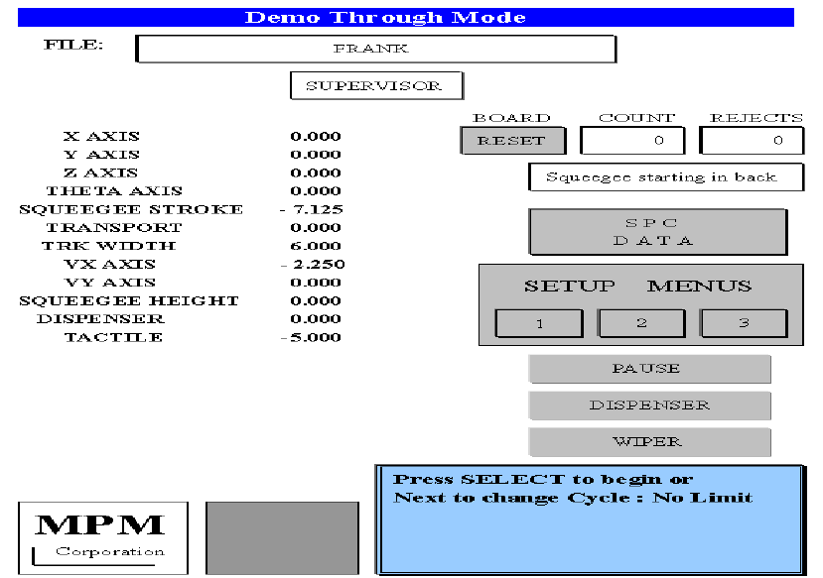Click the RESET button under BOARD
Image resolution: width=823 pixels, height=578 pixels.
point(512,141)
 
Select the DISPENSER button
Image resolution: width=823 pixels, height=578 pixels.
point(649,405)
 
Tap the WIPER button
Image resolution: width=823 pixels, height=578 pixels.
point(649,442)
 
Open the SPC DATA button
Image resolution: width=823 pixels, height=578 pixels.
point(657,232)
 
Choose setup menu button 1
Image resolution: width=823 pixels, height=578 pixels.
point(539,323)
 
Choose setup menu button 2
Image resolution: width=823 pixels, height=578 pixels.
point(641,323)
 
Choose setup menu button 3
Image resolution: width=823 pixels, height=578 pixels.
point(744,323)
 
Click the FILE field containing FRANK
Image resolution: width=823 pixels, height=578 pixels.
point(375,49)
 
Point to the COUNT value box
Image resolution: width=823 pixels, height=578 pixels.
point(632,141)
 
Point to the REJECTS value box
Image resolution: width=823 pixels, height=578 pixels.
point(751,141)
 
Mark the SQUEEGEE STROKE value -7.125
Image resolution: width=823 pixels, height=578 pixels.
point(312,209)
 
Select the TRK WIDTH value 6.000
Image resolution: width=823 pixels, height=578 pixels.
point(316,246)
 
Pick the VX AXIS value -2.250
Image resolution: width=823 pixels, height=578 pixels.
point(312,265)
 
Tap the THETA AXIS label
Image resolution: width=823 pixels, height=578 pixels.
point(114,191)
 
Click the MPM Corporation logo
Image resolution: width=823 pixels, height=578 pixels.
point(89,537)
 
